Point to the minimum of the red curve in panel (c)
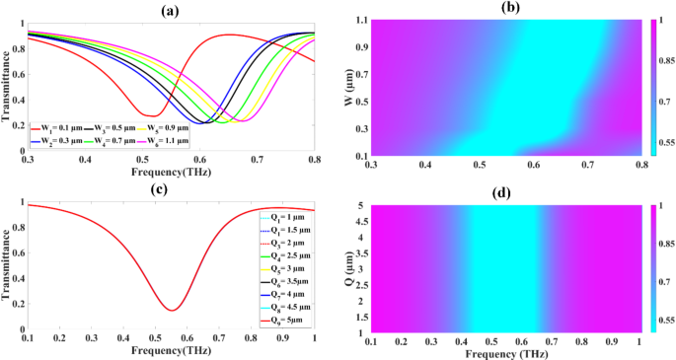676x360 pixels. click(172, 311)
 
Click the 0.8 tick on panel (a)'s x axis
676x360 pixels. click(315, 158)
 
